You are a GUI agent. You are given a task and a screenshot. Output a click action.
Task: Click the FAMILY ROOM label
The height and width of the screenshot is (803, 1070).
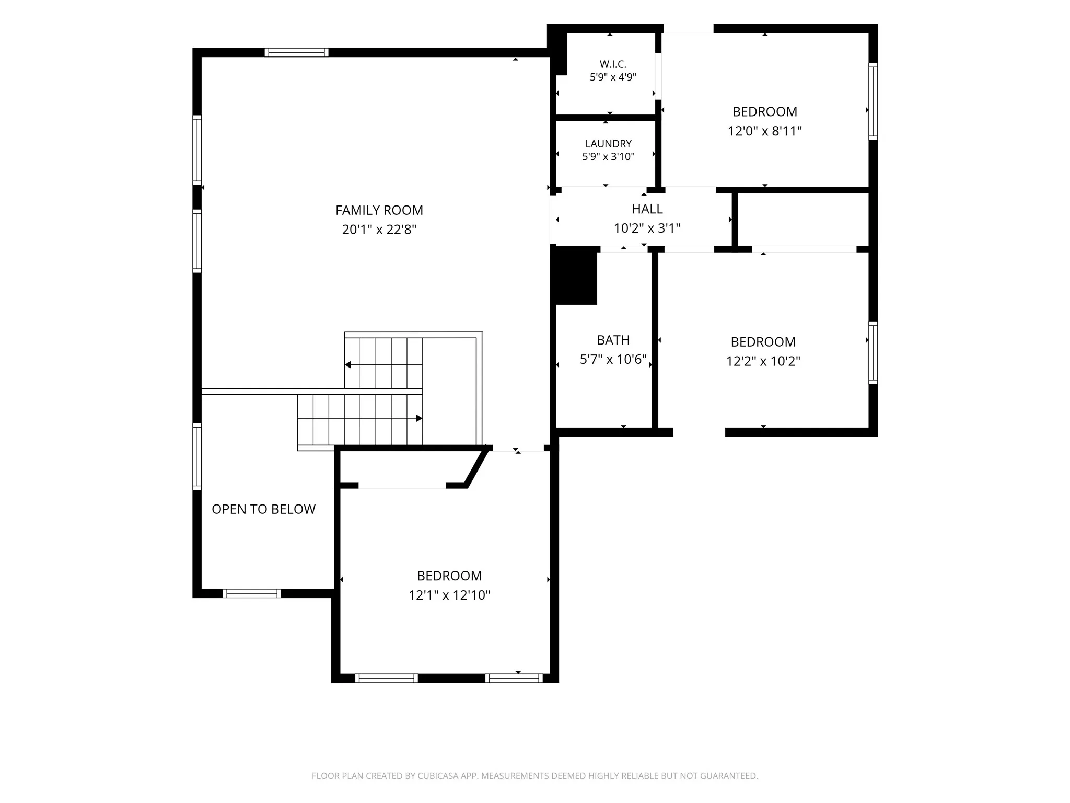379,210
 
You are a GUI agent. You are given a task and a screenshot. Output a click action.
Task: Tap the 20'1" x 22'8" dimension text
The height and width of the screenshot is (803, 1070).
379,230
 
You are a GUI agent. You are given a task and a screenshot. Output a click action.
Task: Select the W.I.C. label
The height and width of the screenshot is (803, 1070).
613,64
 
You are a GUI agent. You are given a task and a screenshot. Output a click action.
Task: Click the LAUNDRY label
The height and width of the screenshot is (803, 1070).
608,144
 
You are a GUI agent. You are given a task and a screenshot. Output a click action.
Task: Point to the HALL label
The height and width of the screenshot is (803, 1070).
647,209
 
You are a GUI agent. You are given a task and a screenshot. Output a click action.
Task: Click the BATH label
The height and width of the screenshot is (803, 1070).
613,340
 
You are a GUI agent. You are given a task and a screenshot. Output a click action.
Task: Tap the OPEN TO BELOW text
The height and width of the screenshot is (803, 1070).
263,509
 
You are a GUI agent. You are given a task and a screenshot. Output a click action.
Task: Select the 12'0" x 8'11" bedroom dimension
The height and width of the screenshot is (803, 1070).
764,131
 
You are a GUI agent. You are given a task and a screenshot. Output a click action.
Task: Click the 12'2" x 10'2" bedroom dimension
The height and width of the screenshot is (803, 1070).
763,361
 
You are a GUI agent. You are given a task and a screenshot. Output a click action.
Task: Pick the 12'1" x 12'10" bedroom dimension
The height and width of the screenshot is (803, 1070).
449,595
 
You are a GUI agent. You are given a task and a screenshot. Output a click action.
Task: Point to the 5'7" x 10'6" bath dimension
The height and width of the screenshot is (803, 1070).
613,360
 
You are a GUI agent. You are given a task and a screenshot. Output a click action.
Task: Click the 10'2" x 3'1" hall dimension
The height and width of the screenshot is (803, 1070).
647,228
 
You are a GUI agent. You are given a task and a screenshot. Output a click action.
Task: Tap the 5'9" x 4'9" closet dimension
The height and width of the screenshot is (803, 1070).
613,77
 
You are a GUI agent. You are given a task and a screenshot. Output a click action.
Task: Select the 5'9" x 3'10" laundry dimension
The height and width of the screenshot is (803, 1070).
608,157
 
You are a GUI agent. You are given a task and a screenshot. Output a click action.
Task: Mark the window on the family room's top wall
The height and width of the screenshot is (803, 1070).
296,52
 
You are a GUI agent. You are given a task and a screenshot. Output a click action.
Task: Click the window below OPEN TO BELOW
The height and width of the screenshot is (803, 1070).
252,593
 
